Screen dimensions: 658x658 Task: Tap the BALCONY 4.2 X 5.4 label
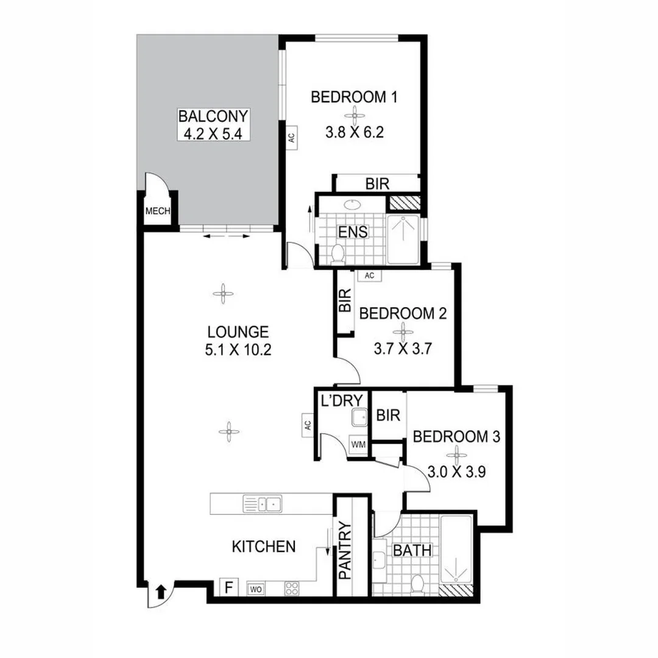coord(213,125)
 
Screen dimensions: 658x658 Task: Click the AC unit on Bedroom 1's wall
coord(291,136)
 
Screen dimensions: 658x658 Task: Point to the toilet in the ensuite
coord(338,253)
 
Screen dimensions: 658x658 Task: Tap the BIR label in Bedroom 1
coord(377,184)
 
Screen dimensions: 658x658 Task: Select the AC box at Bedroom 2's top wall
coord(369,276)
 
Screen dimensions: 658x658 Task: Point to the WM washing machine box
coord(358,445)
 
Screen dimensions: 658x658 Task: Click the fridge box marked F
coord(229,588)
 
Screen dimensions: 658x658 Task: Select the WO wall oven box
coord(255,589)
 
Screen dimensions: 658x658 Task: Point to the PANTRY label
coord(344,550)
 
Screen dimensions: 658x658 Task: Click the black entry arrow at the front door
coord(161,591)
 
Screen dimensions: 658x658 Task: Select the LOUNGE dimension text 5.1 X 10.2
coord(238,351)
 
